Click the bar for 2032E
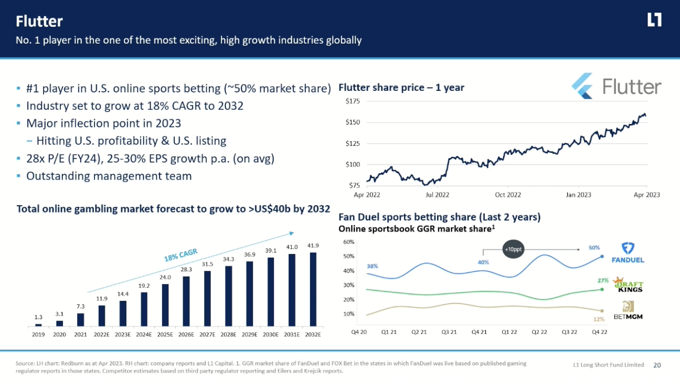[x=314, y=289]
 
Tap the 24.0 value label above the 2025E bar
[x=165, y=278]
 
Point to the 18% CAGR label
[x=180, y=256]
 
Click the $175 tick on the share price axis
[x=353, y=101]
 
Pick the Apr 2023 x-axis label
[x=646, y=195]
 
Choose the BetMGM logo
[x=629, y=311]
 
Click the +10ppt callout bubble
[x=513, y=250]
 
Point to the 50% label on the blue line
[x=594, y=247]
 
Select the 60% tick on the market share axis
[x=349, y=242]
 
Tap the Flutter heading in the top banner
[x=39, y=21]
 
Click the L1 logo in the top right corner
[x=654, y=20]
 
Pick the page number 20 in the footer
[x=657, y=365]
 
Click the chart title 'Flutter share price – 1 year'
[x=401, y=88]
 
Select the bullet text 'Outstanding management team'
[x=109, y=176]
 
